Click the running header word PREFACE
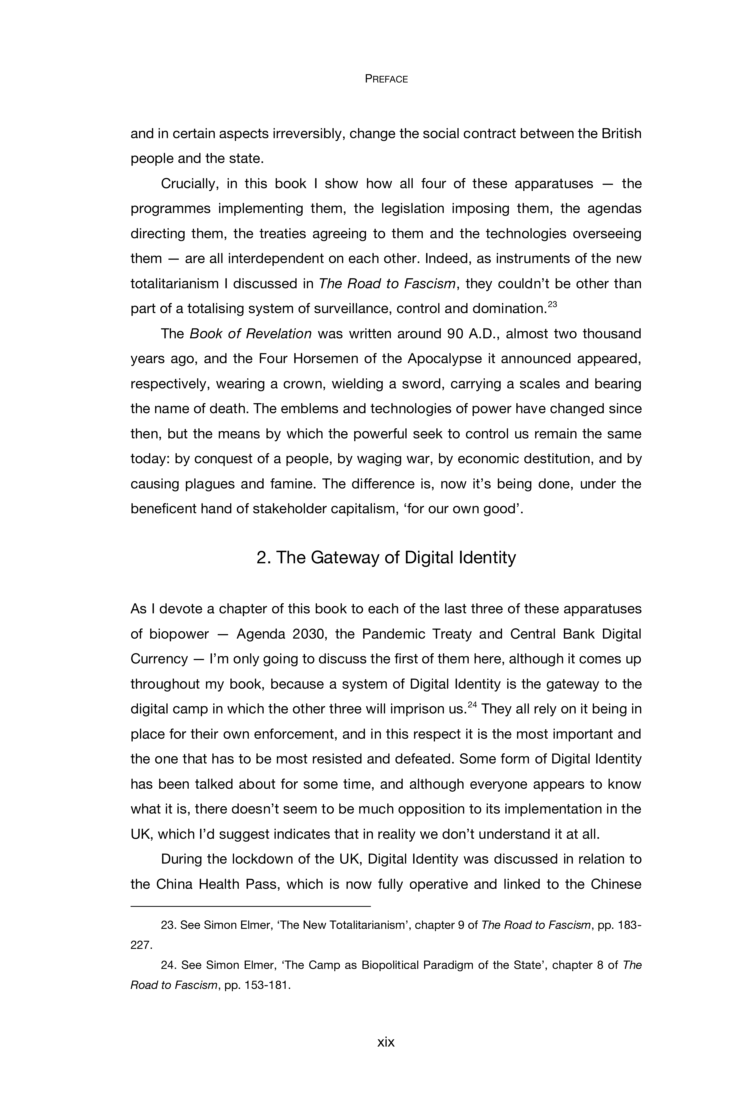(x=386, y=79)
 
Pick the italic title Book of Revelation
(x=251, y=334)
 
